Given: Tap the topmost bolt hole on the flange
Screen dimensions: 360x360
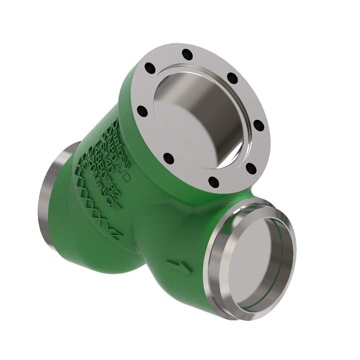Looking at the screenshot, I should pos(187,53).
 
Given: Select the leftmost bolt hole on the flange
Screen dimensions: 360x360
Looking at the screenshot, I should pos(142,111).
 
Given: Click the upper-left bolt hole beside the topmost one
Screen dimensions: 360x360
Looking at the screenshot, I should pos(150,69).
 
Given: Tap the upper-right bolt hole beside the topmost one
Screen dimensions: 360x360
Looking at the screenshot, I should pos(232,78).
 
